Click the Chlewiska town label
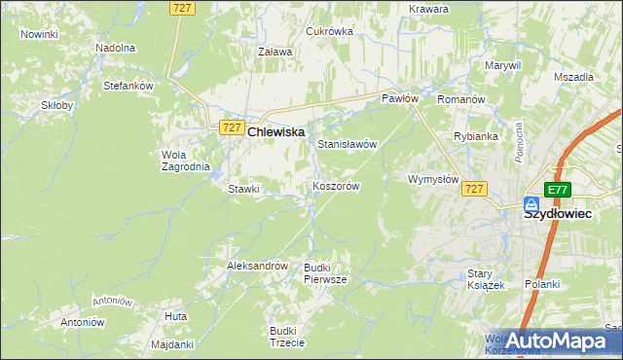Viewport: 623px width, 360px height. point(276,130)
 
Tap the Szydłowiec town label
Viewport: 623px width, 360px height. point(558,216)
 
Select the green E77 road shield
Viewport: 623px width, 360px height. point(557,190)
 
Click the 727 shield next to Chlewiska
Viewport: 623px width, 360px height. point(232,127)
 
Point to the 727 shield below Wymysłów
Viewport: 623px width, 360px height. point(474,189)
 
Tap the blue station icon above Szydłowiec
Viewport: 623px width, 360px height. point(531,204)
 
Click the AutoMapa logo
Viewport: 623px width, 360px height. point(558,341)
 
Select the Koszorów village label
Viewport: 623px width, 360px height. point(337,186)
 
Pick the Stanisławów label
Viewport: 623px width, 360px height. point(348,144)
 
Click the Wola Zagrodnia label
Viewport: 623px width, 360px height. point(185,161)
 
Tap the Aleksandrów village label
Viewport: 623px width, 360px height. point(257,266)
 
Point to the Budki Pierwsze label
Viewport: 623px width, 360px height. point(325,272)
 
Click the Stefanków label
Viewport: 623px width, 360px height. point(129,86)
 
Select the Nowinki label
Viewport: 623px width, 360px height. point(39,34)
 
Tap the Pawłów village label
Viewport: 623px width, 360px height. point(399,98)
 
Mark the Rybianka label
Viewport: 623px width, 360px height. point(476,136)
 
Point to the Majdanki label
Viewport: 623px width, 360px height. point(173,344)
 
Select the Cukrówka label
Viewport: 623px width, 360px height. point(329,31)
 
